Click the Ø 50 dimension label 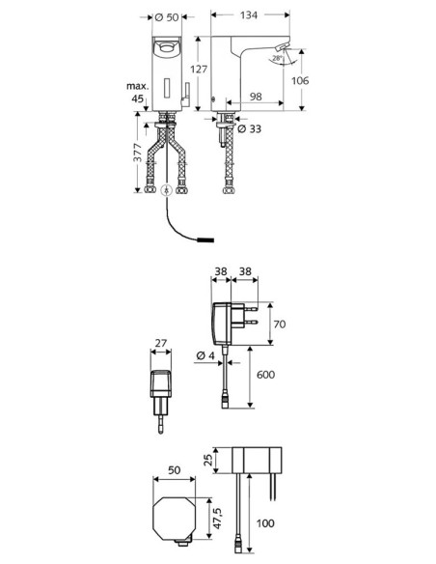pyautogui.click(x=167, y=17)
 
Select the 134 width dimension pyautogui.click(x=249, y=14)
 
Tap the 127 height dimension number pyautogui.click(x=199, y=69)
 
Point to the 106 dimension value pyautogui.click(x=300, y=80)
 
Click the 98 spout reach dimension pyautogui.click(x=256, y=97)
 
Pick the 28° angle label pyautogui.click(x=277, y=58)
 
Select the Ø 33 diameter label pyautogui.click(x=250, y=128)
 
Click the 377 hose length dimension pyautogui.click(x=138, y=152)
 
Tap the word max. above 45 pyautogui.click(x=137, y=86)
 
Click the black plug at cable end pyautogui.click(x=205, y=240)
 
